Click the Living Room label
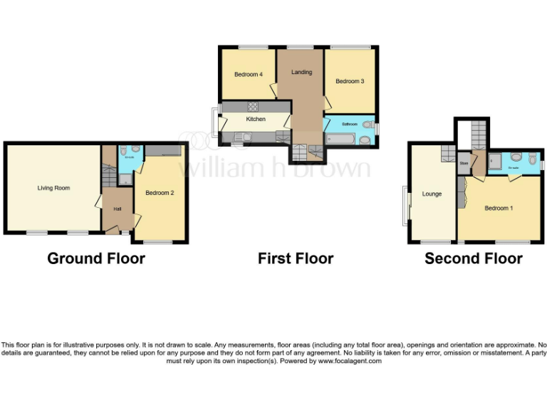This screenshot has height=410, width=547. coord(54,188)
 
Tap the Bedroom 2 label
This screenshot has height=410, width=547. coord(160,192)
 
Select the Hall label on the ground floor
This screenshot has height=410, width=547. coord(117,209)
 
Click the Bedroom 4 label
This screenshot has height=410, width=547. coord(248,74)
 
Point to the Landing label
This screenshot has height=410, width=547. coord(301,72)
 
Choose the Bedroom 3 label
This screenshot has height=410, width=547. coord(350,81)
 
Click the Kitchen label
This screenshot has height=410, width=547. coord(256,119)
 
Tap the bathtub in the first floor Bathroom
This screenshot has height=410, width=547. coord(344,140)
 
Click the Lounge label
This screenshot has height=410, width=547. coord(432,194)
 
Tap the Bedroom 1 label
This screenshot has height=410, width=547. coord(497,208)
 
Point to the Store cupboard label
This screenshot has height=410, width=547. coord(464,163)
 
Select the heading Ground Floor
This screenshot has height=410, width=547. coord(96,258)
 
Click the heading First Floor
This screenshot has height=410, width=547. coord(296,258)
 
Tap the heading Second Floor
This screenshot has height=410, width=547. coord(474,258)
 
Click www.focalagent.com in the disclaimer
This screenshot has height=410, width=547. coord(349,361)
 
